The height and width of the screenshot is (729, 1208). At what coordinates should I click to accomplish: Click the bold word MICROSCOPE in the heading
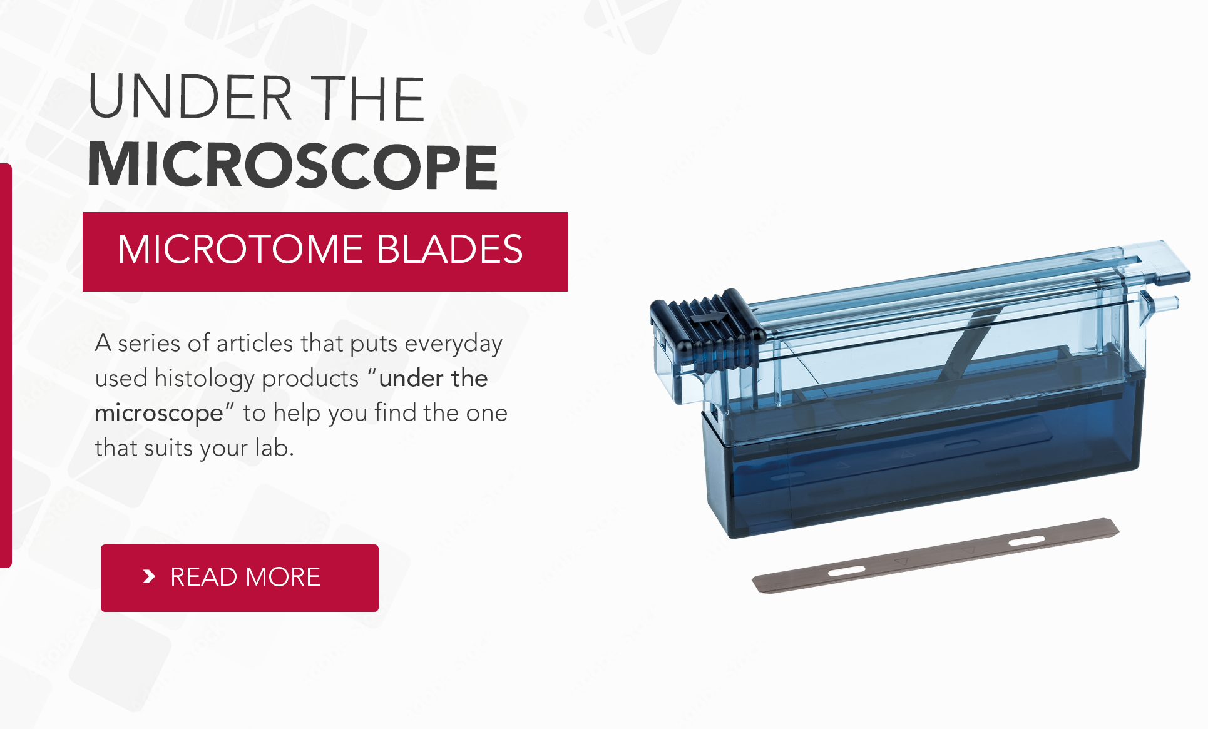[x=292, y=166]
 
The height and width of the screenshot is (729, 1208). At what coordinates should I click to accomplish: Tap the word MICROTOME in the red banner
[x=240, y=250]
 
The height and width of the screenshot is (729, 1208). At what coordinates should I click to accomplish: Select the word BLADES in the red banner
[x=449, y=250]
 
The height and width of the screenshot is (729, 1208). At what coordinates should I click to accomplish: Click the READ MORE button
[x=239, y=578]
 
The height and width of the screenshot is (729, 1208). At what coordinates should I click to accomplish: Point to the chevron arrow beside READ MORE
[x=149, y=576]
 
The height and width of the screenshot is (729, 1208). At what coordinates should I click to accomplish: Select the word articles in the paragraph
[x=255, y=344]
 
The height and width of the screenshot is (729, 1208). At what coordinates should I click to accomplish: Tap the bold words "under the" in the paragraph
[x=433, y=379]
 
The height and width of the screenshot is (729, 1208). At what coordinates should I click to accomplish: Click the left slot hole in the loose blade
[x=846, y=571]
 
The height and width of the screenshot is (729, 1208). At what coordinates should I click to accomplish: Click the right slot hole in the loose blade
[x=1026, y=540]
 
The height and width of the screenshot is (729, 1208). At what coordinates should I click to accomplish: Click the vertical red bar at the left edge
[x=6, y=366]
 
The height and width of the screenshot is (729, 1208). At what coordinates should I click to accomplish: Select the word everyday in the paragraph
[x=453, y=344]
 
